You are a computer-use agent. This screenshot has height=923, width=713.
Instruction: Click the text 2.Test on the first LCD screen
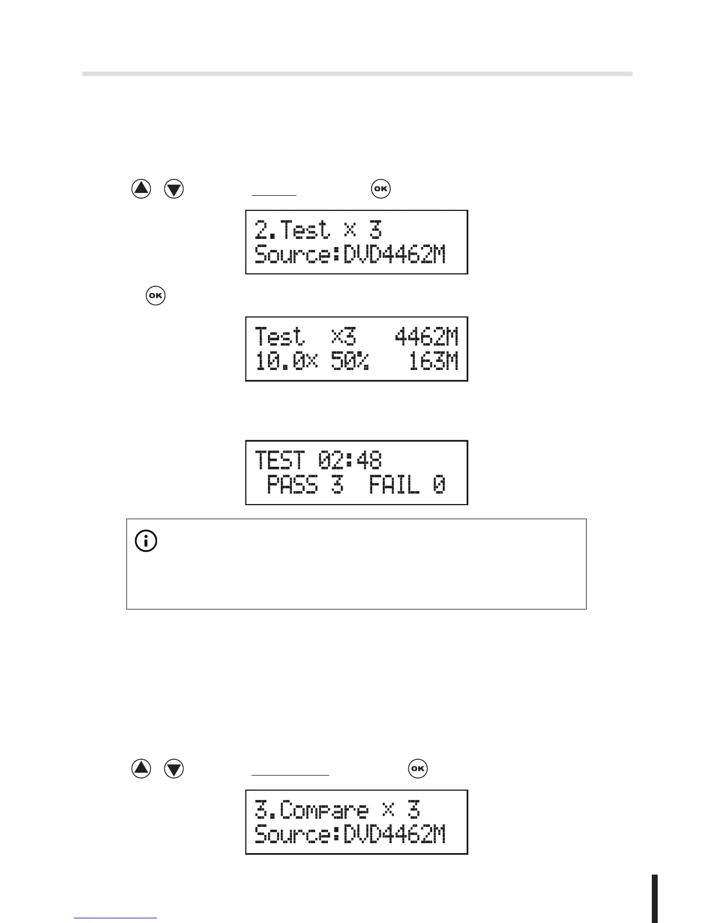(292, 230)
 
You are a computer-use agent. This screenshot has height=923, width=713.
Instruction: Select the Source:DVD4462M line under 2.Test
(350, 255)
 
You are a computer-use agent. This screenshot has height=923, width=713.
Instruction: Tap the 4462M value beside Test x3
(426, 337)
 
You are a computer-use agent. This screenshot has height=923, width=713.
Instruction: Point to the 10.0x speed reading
(286, 362)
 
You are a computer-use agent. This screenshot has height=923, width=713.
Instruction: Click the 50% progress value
(350, 362)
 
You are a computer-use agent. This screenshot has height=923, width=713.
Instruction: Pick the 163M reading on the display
(433, 362)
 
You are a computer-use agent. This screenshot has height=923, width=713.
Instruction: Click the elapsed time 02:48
(350, 460)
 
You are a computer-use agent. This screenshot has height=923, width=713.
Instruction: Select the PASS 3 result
(305, 485)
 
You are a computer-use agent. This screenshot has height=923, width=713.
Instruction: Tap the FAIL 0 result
(407, 485)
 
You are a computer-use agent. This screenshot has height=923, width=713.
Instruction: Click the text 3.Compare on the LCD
(312, 811)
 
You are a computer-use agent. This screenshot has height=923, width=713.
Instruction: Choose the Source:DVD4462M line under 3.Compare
(350, 834)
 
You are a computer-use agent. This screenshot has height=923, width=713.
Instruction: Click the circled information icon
(146, 541)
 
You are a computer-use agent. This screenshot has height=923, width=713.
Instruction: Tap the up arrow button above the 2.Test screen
(141, 189)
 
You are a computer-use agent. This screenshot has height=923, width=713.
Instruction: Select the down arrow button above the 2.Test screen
(174, 189)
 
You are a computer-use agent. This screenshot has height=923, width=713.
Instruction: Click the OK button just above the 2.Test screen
(380, 189)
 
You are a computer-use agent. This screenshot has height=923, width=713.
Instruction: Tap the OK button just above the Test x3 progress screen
(156, 295)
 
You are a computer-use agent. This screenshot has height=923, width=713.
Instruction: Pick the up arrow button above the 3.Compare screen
(141, 769)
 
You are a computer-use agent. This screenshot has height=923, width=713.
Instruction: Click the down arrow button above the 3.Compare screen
(174, 769)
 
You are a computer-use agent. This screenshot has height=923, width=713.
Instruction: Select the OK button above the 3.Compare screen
(418, 769)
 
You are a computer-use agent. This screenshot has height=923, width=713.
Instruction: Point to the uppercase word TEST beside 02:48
(280, 460)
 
